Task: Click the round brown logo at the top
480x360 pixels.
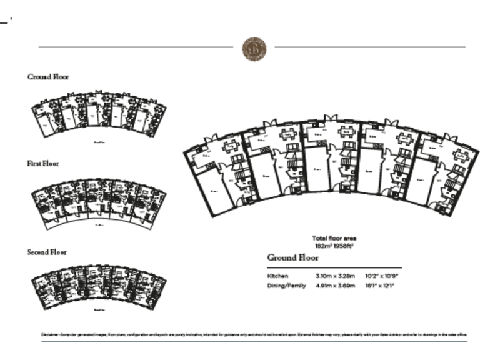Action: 254,48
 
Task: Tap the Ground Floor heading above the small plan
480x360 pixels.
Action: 48,77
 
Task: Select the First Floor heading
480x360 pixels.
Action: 42,164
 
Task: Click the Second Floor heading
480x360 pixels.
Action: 46,252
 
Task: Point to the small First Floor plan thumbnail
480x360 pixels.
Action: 99,203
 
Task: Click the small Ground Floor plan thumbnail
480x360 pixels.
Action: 99,114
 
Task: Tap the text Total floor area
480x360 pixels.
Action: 334,238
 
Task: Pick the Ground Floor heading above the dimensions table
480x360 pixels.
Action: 293,257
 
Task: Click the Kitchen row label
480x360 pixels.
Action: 277,276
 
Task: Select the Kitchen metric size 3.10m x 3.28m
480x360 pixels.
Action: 335,276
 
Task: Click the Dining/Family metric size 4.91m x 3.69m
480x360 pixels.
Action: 335,286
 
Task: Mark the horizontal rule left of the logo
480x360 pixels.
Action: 135,47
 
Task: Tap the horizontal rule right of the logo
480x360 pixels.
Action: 370,47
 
